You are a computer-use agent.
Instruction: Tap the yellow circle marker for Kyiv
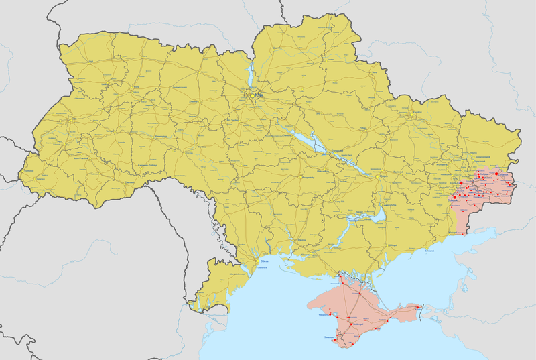(253, 96)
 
